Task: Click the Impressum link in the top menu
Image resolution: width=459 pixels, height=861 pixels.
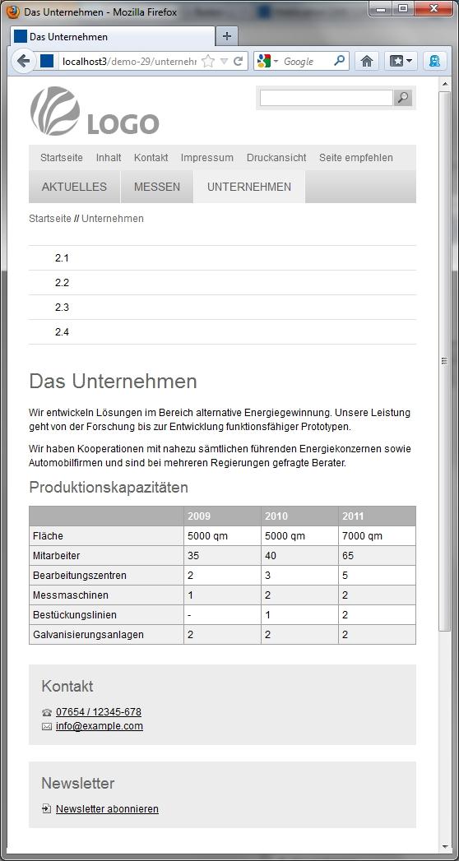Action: pyautogui.click(x=206, y=158)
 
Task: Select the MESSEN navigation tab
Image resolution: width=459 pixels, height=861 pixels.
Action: pyautogui.click(x=156, y=187)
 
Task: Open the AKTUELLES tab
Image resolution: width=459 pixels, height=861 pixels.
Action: pyautogui.click(x=74, y=187)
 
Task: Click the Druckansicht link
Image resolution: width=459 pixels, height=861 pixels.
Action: pyautogui.click(x=276, y=158)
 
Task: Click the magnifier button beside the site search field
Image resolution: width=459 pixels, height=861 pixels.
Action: pyautogui.click(x=402, y=98)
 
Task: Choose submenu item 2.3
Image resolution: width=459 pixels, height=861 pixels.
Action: pyautogui.click(x=62, y=308)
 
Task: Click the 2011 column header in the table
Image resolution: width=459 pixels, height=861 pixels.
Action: pyautogui.click(x=352, y=516)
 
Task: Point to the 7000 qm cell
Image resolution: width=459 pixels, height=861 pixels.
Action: pyautogui.click(x=362, y=536)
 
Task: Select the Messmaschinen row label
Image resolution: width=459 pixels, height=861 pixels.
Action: pyautogui.click(x=70, y=595)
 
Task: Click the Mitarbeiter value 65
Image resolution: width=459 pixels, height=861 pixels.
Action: pyautogui.click(x=349, y=556)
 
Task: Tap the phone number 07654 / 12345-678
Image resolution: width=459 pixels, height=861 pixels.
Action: pyautogui.click(x=99, y=712)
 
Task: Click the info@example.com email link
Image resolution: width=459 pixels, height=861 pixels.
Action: pyautogui.click(x=100, y=726)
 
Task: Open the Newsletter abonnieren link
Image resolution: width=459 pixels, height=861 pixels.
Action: pyautogui.click(x=107, y=809)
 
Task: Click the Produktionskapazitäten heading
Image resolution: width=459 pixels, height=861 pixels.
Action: pyautogui.click(x=109, y=488)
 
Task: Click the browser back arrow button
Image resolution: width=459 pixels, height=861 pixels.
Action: pyautogui.click(x=24, y=61)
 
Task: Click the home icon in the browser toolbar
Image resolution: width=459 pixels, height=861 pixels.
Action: pyautogui.click(x=367, y=61)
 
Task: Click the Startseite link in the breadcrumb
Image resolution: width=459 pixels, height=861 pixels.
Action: pyautogui.click(x=50, y=219)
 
